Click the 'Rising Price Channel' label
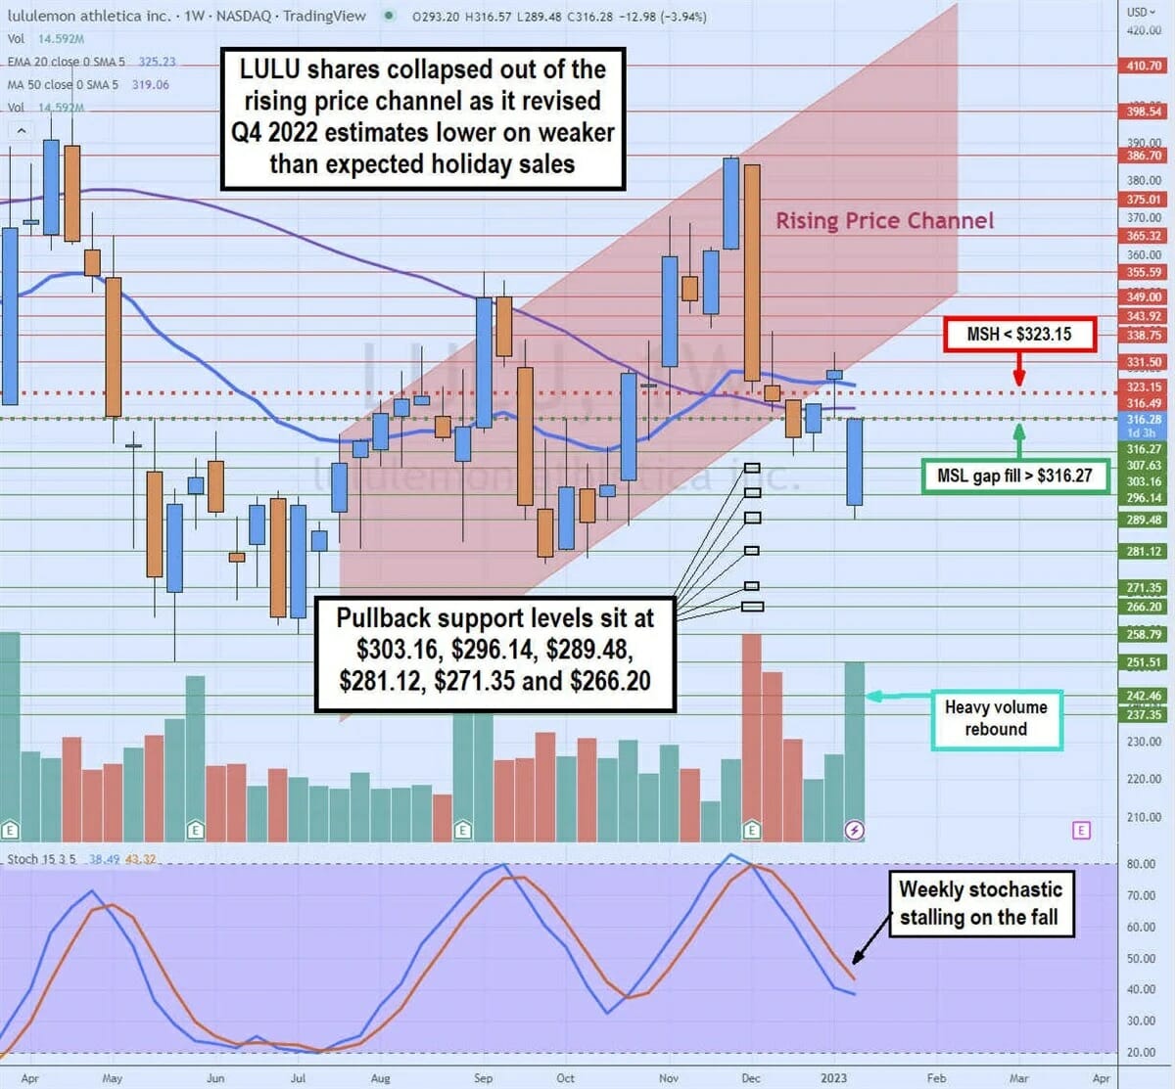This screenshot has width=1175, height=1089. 884,221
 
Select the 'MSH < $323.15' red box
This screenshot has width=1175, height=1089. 1018,335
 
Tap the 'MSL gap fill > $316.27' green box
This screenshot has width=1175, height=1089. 1014,476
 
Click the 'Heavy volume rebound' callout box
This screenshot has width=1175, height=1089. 996,718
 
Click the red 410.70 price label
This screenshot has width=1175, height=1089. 1143,67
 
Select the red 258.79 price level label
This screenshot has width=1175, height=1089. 1143,635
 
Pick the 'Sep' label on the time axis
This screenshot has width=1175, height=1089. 483,1078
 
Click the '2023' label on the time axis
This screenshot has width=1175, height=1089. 833,1078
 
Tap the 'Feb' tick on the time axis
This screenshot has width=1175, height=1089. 936,1078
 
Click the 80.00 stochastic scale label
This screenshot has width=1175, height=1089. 1142,864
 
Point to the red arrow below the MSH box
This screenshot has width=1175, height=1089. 1018,372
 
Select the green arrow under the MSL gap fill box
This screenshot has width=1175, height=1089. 1018,439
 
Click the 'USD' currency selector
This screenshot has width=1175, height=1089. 1139,12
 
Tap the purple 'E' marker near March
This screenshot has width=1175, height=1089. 1081,830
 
